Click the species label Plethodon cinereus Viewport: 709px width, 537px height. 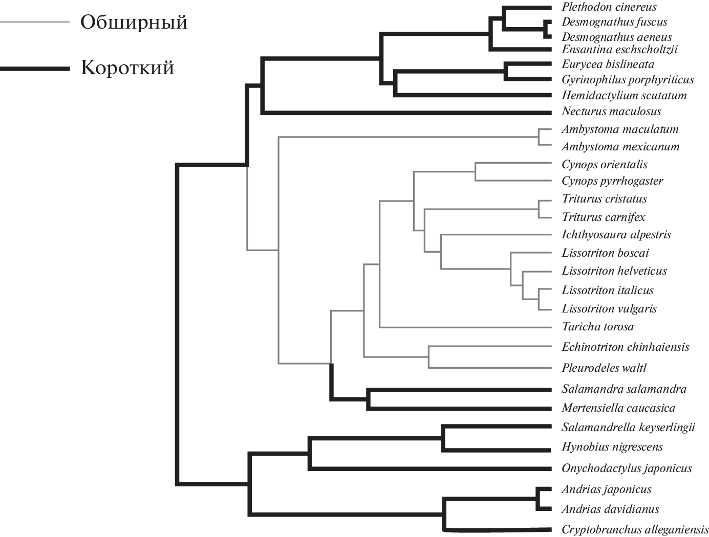click(x=609, y=7)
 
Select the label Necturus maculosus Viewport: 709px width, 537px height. click(x=611, y=111)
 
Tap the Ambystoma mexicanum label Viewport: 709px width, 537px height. click(x=620, y=147)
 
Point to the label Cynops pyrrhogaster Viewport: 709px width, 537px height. click(x=612, y=181)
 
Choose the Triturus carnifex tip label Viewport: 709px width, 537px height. click(x=604, y=217)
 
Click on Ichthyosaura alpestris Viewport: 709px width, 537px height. click(x=616, y=235)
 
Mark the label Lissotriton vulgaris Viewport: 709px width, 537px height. click(x=609, y=309)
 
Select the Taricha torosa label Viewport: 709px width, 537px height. click(x=597, y=327)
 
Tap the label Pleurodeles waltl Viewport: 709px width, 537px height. click(x=604, y=368)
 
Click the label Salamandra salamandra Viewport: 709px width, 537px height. click(x=624, y=389)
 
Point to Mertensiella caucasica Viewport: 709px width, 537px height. click(x=618, y=408)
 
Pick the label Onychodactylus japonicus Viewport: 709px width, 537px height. click(x=627, y=468)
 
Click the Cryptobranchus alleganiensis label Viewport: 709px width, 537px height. click(x=635, y=530)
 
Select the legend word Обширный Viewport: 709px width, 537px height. click(x=134, y=23)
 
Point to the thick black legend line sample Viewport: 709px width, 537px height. click(x=34, y=68)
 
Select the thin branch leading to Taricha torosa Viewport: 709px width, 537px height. click(x=461, y=327)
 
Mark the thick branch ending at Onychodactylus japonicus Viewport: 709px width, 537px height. click(x=430, y=468)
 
